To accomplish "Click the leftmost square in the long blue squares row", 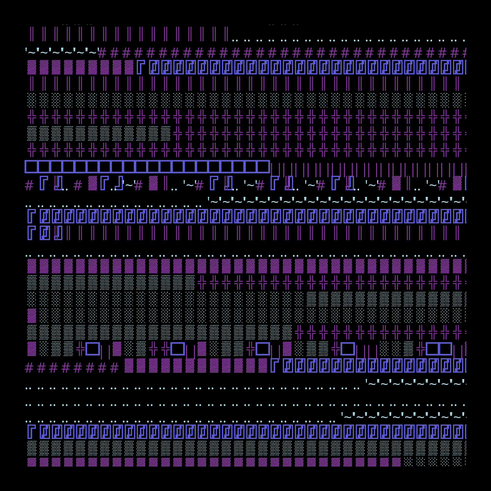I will [x=31, y=167].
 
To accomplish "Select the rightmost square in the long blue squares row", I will [x=263, y=167].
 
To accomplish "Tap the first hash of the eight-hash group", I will [x=29, y=368].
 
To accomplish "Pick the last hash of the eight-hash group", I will [x=114, y=368].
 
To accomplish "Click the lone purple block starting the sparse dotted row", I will [x=32, y=316].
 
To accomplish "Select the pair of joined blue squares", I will [x=439, y=349].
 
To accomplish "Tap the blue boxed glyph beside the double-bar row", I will [x=44, y=233].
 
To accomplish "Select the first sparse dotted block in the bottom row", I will [x=408, y=462].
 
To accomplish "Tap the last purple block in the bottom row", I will [x=396, y=462].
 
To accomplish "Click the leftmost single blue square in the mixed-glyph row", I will [x=93, y=349].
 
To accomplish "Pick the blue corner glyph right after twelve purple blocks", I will [x=274, y=366].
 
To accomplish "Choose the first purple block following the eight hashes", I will [x=129, y=366].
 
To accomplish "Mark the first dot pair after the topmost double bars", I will [x=235, y=41].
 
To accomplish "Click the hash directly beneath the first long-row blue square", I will [x=29, y=186].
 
